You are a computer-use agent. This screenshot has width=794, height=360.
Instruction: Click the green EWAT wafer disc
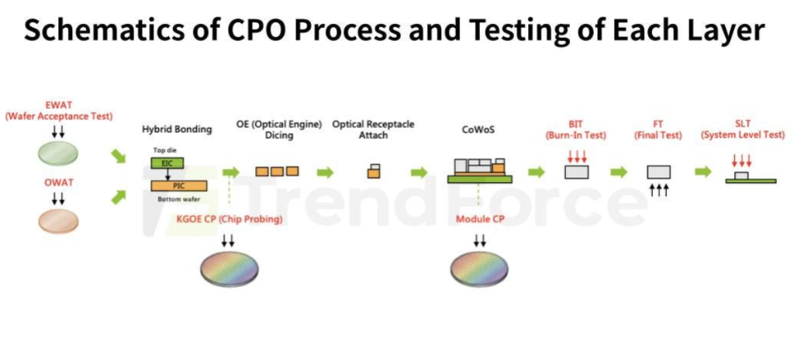pos(59,153)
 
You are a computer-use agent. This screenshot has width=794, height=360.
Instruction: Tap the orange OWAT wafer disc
pos(59,221)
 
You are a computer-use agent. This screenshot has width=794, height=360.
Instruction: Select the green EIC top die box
pos(167,163)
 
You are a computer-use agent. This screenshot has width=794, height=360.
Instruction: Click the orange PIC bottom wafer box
pos(179,185)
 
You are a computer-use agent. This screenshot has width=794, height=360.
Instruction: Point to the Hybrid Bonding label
pos(177,130)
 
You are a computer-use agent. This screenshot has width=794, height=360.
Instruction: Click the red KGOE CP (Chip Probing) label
pos(230,220)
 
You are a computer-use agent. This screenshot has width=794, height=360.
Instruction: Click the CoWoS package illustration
pos(480,171)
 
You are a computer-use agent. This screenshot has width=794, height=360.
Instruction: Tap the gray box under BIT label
pos(577,172)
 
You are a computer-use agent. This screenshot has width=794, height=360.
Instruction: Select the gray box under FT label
pos(659,172)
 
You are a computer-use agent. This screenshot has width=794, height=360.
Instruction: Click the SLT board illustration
pos(751,178)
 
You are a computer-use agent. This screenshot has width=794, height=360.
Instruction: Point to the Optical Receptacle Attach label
pos(373,130)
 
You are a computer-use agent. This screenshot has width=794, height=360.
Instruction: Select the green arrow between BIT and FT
pos(619,172)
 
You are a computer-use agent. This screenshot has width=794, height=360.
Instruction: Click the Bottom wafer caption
pos(179,199)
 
